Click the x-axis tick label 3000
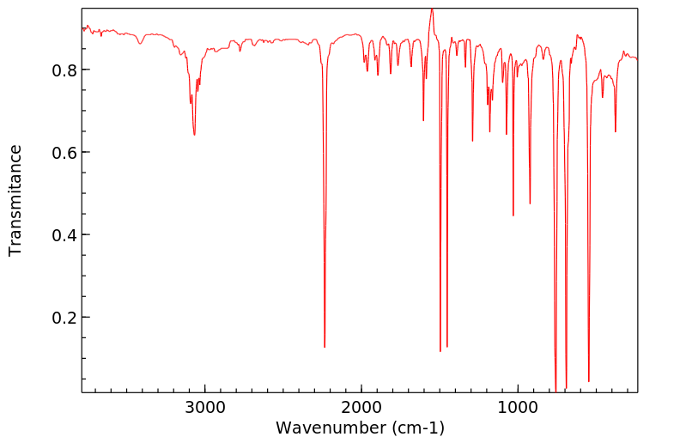pyautogui.click(x=205, y=406)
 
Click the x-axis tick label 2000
pyautogui.click(x=361, y=406)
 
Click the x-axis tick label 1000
pyautogui.click(x=518, y=406)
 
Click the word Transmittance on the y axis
pyautogui.click(x=15, y=200)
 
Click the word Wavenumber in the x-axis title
pyautogui.click(x=324, y=428)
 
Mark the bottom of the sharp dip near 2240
pyautogui.click(x=325, y=347)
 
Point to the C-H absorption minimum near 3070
pyautogui.click(x=194, y=135)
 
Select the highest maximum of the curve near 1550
pyautogui.click(x=432, y=9)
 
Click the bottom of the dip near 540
pyautogui.click(x=589, y=381)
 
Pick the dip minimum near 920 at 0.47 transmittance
pyautogui.click(x=530, y=203)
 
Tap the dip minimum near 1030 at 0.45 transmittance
pyautogui.click(x=513, y=215)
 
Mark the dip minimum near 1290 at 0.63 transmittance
pyautogui.click(x=472, y=141)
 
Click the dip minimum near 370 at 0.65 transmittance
pyautogui.click(x=616, y=131)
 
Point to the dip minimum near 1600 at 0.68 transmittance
pyautogui.click(x=423, y=120)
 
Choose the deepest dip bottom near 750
pyautogui.click(x=556, y=391)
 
